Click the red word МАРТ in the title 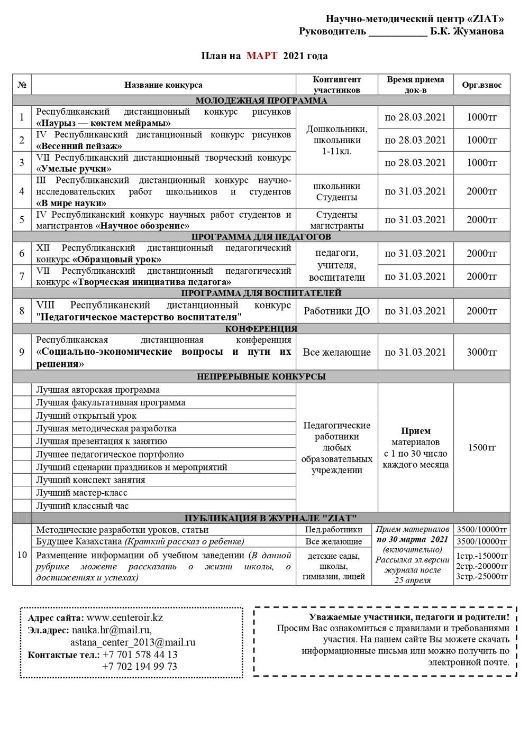(x=261, y=56)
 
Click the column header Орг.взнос (x=481, y=85)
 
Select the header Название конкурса (x=163, y=85)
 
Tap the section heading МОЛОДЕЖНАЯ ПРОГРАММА (x=261, y=100)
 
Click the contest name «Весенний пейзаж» (x=79, y=146)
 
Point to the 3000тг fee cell (x=481, y=352)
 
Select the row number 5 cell (x=22, y=219)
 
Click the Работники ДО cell (x=336, y=311)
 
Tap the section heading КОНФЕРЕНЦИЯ (x=261, y=329)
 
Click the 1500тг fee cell (x=481, y=448)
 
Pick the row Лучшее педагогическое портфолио (x=110, y=454)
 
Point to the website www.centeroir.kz (x=125, y=617)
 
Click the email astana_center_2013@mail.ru (x=133, y=642)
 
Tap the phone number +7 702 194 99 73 (x=140, y=666)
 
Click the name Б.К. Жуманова (x=467, y=31)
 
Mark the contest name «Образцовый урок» (x=117, y=260)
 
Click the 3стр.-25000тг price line (x=481, y=576)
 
